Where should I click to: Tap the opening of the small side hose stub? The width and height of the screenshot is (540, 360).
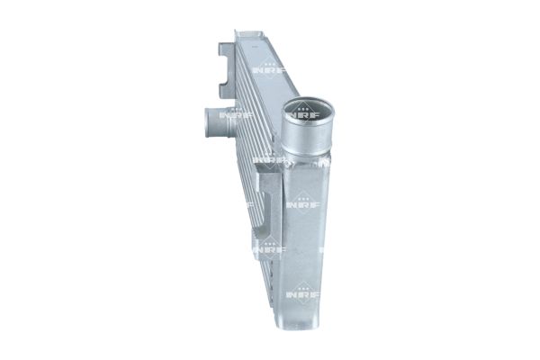(207, 116)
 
